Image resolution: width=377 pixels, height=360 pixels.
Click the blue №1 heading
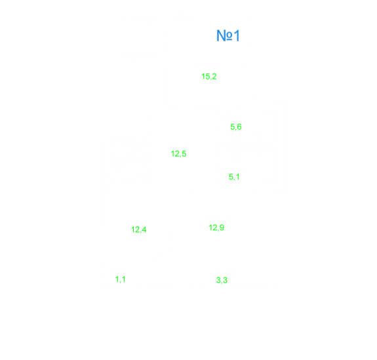pyautogui.click(x=228, y=35)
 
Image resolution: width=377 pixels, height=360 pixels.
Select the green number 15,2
pyautogui.click(x=209, y=77)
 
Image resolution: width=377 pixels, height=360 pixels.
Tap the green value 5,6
pyautogui.click(x=236, y=127)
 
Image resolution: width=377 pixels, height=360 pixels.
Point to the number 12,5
pyautogui.click(x=178, y=153)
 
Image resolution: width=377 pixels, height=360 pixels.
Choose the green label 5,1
pyautogui.click(x=234, y=177)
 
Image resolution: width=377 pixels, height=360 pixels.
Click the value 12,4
pyautogui.click(x=139, y=230)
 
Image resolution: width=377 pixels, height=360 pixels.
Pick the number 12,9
pyautogui.click(x=216, y=228)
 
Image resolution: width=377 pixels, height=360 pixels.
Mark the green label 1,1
pyautogui.click(x=120, y=279)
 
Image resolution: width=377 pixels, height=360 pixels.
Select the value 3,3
pyautogui.click(x=222, y=280)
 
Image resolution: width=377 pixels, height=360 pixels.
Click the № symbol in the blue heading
pyautogui.click(x=224, y=36)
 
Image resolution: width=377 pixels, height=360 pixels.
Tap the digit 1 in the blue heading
pyautogui.click(x=237, y=35)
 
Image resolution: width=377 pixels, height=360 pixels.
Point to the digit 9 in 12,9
pyautogui.click(x=222, y=228)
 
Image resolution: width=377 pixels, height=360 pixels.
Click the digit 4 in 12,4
pyautogui.click(x=144, y=230)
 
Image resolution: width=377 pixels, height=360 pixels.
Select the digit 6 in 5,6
pyautogui.click(x=239, y=127)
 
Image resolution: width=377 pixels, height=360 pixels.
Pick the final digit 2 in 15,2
pyautogui.click(x=214, y=76)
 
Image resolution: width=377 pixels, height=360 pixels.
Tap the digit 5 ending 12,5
pyautogui.click(x=184, y=153)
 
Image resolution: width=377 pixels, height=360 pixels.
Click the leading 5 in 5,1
pyautogui.click(x=231, y=177)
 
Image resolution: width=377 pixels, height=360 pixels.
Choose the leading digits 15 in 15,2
pyautogui.click(x=205, y=76)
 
